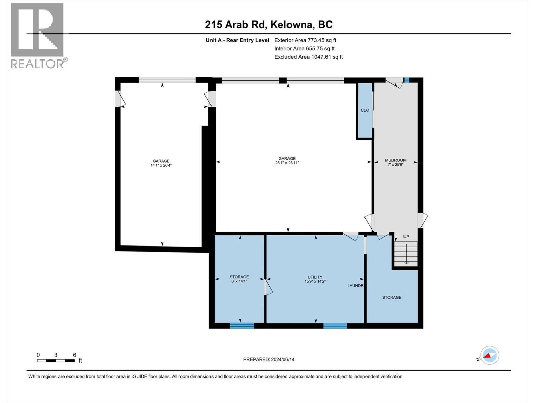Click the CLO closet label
pyautogui.click(x=365, y=110)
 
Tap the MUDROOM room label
pyautogui.click(x=395, y=160)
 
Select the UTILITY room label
pyautogui.click(x=315, y=277)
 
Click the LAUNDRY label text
pyautogui.click(x=356, y=286)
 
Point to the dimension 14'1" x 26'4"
pyautogui.click(x=161, y=165)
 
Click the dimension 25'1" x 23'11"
pyautogui.click(x=287, y=163)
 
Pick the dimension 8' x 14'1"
pyautogui.click(x=239, y=281)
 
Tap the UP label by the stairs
pyautogui.click(x=406, y=237)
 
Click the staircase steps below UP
pyautogui.click(x=406, y=254)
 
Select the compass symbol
pyautogui.click(x=489, y=355)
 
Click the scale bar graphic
pyautogui.click(x=56, y=361)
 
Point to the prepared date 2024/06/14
pyautogui.click(x=269, y=359)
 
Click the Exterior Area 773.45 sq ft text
pyautogui.click(x=305, y=40)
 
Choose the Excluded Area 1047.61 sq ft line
pyautogui.click(x=308, y=57)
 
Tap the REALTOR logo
pyautogui.click(x=38, y=35)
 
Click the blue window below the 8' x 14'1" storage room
pyautogui.click(x=242, y=325)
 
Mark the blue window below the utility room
pyautogui.click(x=335, y=325)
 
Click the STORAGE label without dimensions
pyautogui.click(x=392, y=297)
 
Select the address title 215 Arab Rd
pyautogui.click(x=269, y=25)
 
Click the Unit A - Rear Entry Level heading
pyautogui.click(x=237, y=40)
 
